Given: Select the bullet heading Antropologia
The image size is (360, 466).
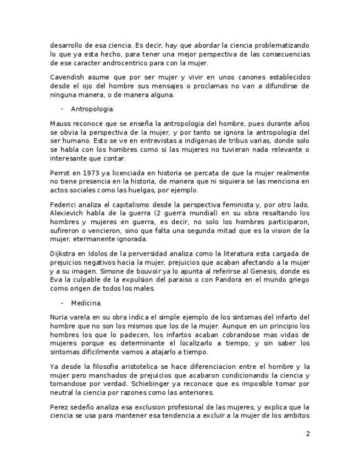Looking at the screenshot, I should click(92, 109).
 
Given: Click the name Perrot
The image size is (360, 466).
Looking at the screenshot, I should click(60, 173).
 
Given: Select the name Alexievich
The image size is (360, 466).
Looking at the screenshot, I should click(67, 213).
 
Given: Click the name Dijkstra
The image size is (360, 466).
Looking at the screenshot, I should click(63, 253).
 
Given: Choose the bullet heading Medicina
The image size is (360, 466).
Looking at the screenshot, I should click(86, 303).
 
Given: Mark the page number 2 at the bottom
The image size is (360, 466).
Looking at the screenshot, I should click(308, 434).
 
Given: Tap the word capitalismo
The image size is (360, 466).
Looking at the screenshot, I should click(120, 204).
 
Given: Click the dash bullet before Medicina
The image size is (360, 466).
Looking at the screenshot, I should click(62, 303).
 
